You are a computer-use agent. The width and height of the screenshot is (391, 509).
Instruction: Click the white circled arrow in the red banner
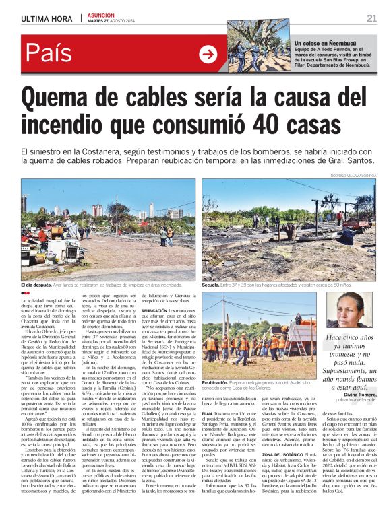click(x=208, y=54)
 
